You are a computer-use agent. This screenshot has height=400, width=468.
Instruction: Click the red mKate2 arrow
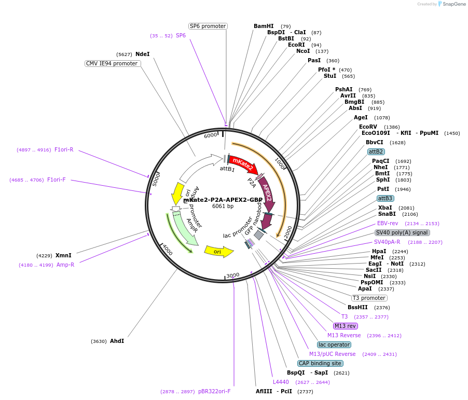point(241,165)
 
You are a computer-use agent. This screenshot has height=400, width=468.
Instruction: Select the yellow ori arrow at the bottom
point(218,252)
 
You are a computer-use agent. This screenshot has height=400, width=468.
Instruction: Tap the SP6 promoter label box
point(208,26)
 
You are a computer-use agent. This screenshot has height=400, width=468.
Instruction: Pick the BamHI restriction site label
point(264,26)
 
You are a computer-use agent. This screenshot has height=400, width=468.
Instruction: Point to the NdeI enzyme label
point(142,54)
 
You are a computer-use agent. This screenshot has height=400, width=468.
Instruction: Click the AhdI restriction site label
point(117,341)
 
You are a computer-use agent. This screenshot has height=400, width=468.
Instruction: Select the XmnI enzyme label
point(63,255)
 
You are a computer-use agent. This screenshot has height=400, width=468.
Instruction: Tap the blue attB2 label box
point(376,151)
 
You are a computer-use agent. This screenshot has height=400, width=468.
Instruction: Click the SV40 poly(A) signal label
point(402,232)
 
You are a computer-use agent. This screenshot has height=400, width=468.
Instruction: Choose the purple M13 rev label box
point(346,326)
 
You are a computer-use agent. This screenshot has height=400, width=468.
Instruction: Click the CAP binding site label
point(320,363)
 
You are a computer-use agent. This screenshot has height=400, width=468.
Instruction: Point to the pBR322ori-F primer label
point(214,391)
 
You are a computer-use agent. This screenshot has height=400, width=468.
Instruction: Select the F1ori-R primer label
point(64,149)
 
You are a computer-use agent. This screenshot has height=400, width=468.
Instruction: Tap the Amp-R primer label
point(65,265)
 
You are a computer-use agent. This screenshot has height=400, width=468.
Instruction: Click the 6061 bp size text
point(223,206)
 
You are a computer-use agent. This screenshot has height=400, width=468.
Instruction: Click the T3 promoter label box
point(369,298)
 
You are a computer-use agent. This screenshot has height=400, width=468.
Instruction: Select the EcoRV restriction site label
point(368,127)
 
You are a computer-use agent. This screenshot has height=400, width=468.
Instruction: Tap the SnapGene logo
point(451,4)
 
